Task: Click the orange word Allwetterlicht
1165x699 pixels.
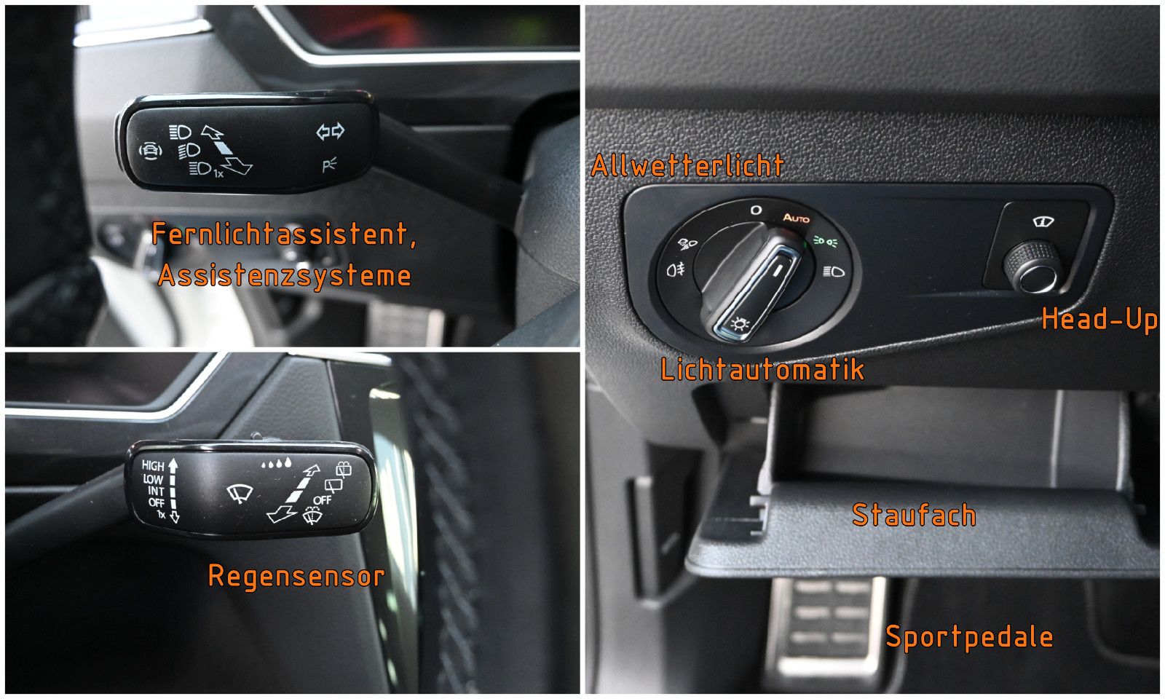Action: (687, 166)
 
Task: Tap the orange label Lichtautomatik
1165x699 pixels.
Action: (762, 369)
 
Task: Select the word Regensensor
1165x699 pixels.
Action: (296, 576)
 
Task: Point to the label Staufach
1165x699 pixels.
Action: (914, 516)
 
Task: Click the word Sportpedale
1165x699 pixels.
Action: (969, 637)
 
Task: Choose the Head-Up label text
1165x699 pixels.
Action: (1099, 320)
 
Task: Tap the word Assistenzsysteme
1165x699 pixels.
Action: (285, 276)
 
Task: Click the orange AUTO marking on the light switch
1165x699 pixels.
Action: (796, 218)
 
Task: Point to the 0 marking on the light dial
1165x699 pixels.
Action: (757, 210)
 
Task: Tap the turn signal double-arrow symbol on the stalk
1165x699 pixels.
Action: (330, 132)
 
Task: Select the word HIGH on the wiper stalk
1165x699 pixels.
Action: (153, 465)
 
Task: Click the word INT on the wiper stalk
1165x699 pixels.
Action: (155, 491)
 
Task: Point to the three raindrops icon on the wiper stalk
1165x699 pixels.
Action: (276, 462)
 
